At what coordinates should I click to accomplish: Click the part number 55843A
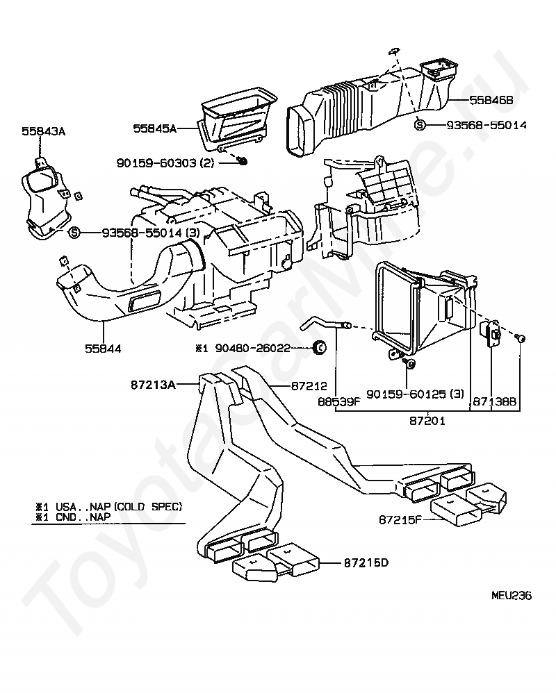(42, 131)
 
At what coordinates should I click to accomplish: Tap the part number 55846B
(491, 101)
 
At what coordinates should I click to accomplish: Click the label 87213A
(153, 383)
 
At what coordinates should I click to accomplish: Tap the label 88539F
(337, 401)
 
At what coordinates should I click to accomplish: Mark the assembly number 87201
(427, 421)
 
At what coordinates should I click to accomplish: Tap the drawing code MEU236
(511, 595)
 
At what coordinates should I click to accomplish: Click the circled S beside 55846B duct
(420, 125)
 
